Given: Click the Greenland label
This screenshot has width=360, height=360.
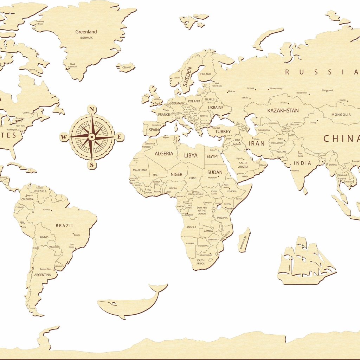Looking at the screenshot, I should tap(86, 32).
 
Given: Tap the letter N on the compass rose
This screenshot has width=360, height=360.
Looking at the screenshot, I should tap(92, 109).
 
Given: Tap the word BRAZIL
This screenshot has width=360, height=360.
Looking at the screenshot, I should tap(65, 225).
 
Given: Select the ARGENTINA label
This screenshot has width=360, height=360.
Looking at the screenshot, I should tap(43, 275).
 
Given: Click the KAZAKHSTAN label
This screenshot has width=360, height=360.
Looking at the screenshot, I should tap(283, 110).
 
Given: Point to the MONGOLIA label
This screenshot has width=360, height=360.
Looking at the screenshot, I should tap(341, 115).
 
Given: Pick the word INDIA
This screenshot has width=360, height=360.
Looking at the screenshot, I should tap(302, 163).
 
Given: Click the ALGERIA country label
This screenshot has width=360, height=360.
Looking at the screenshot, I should tap(164, 154).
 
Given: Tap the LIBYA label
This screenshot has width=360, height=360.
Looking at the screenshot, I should tap(191, 155).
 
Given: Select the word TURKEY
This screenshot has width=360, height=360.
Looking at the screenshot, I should tap(223, 131).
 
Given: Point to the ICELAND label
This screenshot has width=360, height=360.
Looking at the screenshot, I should tap(126, 67).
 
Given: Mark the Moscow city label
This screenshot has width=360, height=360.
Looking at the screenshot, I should tap(231, 91).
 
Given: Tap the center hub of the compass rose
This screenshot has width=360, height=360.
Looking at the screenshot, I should tap(92, 136).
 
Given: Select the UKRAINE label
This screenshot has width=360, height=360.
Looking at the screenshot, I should tap(216, 108).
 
